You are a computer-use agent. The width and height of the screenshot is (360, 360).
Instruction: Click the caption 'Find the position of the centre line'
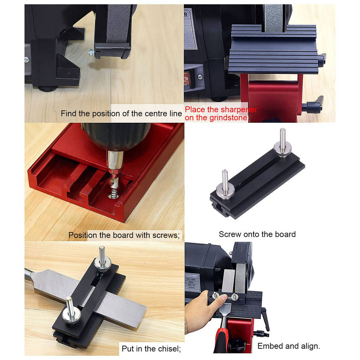point(121,114)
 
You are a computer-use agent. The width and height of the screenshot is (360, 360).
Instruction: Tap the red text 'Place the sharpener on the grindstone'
point(221,114)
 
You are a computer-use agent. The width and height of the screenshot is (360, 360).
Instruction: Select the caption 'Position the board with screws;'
point(124,235)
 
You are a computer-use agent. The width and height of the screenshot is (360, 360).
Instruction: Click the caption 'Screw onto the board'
point(257,234)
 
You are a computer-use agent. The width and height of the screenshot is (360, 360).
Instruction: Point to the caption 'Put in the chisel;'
point(151,349)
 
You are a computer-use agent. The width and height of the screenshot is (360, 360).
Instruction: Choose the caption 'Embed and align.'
point(288,346)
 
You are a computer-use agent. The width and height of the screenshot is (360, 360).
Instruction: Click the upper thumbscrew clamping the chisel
point(102,262)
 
